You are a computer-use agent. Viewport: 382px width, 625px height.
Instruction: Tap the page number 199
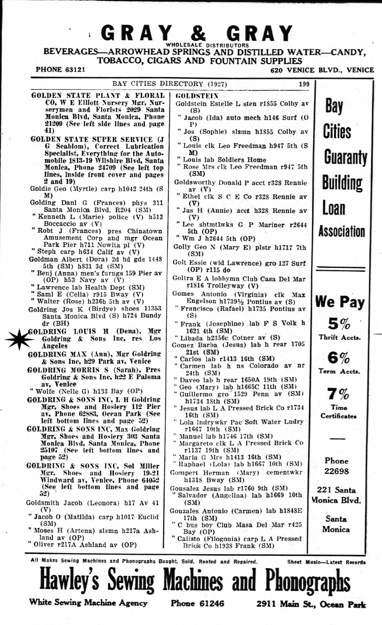[x=304, y=84]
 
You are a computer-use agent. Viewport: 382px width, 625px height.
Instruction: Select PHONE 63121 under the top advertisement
[x=61, y=70]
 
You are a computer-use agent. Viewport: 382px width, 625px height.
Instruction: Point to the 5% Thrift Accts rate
[x=340, y=323]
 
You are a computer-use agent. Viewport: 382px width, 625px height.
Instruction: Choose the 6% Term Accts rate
[x=339, y=357]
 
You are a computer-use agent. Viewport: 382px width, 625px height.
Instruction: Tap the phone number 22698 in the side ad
[x=336, y=472]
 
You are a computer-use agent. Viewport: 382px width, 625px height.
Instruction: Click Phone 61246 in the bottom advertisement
[x=197, y=603]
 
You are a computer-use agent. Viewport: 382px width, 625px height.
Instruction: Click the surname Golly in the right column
[x=182, y=247]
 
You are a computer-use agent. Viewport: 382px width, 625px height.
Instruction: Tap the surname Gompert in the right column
[x=185, y=473]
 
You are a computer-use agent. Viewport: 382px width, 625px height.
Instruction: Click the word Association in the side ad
[x=342, y=231]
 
